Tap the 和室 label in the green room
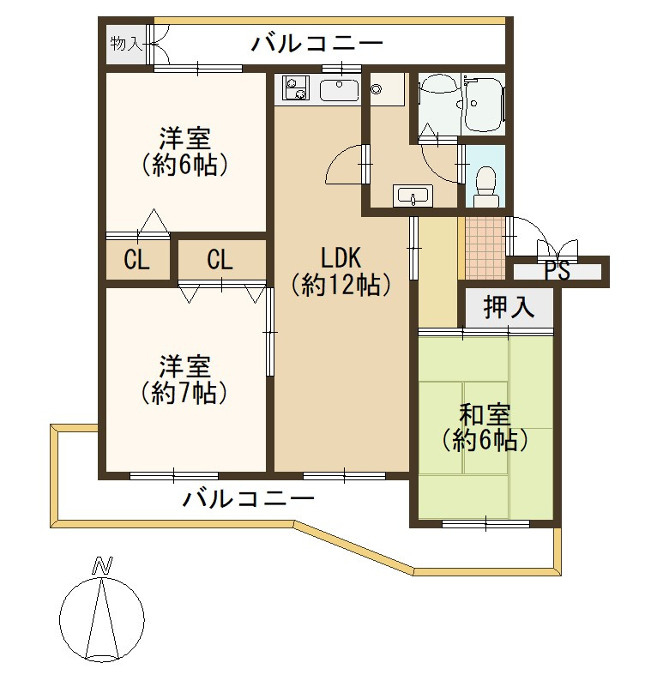click(485, 415)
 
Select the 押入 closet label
click(509, 307)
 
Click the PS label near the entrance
click(558, 271)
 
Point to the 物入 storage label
click(126, 43)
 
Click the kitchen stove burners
click(294, 89)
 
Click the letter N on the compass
click(103, 565)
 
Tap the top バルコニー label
click(316, 43)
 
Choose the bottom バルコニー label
click(249, 497)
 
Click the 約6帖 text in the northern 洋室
click(184, 163)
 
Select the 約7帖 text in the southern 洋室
click(184, 393)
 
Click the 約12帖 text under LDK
click(341, 284)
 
